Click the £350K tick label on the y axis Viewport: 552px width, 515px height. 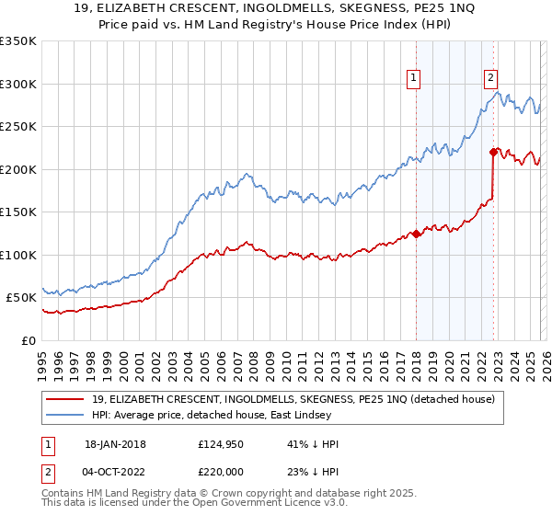pos(18,41)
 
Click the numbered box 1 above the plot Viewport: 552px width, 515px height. pos(414,79)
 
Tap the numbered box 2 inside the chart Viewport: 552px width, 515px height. pos(491,79)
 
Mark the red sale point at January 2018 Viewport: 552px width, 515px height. pos(416,234)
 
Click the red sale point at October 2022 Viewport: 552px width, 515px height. pos(494,152)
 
